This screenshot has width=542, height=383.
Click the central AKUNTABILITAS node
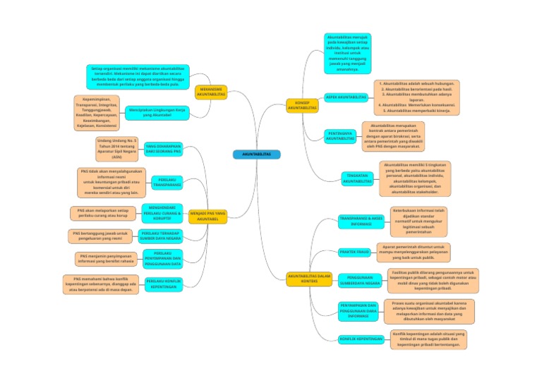pos(251,154)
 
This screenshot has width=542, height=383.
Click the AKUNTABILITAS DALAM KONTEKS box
pos(309,279)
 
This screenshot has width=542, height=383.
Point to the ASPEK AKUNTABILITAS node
pos(346,97)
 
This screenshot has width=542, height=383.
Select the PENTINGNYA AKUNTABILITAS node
pos(341,135)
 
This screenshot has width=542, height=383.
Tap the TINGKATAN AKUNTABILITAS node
pos(357,178)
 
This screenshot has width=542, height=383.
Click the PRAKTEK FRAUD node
pos(354,252)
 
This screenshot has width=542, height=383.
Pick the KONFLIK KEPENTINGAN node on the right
pos(361,339)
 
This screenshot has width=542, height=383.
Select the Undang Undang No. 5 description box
pos(116,149)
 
